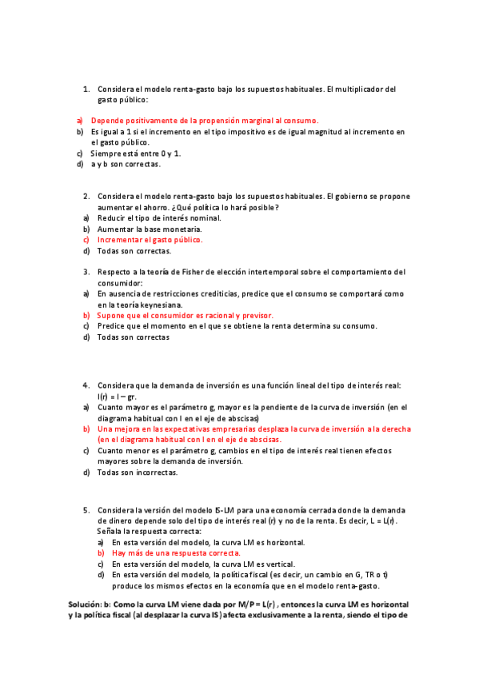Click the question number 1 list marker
tap(86, 89)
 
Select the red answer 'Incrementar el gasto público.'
tap(150, 239)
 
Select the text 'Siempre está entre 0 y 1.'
tap(135, 153)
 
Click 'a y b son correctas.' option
tap(126, 165)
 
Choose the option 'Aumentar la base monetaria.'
tap(145, 229)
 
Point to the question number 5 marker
tap(86, 509)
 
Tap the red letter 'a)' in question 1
tap(80, 120)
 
